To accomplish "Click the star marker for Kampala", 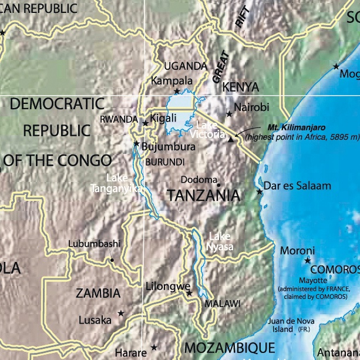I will point(177,91).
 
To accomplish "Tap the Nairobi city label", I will point(251,107).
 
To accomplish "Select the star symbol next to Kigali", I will point(146,123).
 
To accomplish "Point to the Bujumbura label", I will point(169,146).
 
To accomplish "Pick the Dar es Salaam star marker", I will point(260,191).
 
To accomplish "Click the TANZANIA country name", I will point(203,196).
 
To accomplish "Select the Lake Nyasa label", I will point(221,241).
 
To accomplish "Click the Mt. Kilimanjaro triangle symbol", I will point(231,140).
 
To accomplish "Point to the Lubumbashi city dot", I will point(112,259).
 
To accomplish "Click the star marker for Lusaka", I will point(121,314).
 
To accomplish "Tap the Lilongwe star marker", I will point(189,293).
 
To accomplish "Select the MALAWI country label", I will point(222,304).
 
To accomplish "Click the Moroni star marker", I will point(307,260).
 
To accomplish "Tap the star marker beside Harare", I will point(154,347).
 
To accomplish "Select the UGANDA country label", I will point(186,66).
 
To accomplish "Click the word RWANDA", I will point(119,119).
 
